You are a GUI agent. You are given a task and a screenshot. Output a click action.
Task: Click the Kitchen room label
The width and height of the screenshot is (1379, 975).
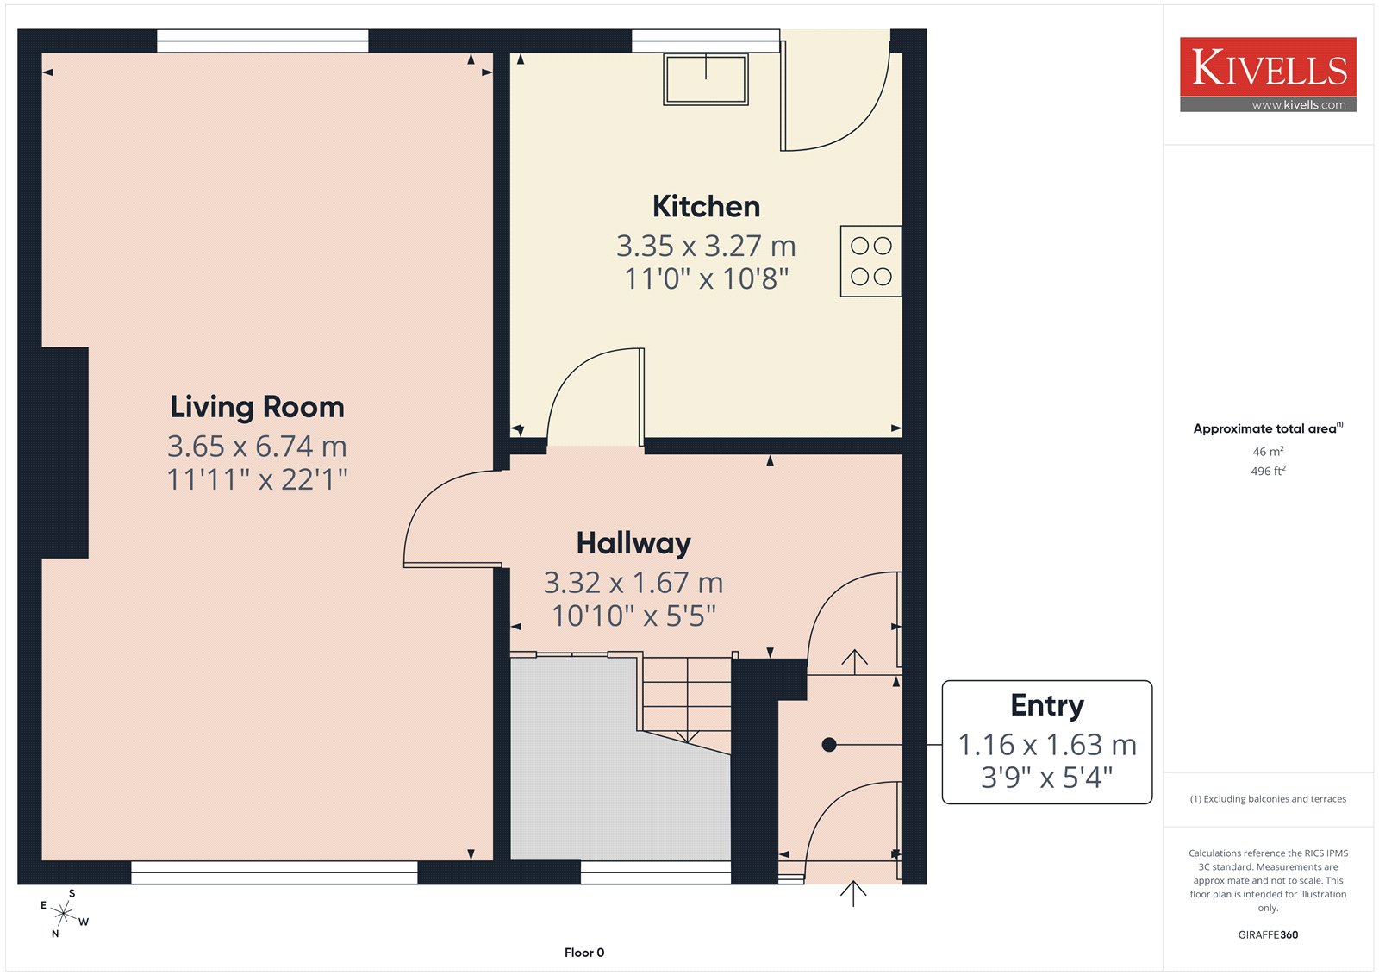(706, 206)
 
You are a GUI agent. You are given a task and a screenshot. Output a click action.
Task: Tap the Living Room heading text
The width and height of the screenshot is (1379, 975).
(258, 408)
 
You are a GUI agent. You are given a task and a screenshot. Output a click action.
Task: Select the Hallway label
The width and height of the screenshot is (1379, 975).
(633, 544)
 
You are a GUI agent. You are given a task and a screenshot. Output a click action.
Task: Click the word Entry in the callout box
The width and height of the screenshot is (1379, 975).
(1047, 706)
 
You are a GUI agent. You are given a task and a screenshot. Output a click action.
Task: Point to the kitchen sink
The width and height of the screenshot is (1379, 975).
(706, 79)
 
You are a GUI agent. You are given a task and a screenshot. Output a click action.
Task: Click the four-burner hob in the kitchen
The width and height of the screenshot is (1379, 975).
(871, 261)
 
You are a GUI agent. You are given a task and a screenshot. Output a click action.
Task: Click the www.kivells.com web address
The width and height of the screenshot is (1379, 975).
(1298, 104)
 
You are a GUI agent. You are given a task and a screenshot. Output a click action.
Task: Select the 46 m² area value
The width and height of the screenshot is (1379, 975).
(1268, 451)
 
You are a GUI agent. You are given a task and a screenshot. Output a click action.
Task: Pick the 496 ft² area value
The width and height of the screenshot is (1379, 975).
(1268, 471)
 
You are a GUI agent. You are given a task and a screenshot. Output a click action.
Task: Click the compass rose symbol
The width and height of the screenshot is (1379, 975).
(64, 913)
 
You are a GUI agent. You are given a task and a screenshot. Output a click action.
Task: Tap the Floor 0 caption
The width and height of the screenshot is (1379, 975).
(584, 953)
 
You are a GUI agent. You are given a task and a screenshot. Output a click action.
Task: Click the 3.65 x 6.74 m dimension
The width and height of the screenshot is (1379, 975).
(258, 447)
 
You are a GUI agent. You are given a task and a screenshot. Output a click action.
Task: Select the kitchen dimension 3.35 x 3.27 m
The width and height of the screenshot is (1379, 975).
(706, 246)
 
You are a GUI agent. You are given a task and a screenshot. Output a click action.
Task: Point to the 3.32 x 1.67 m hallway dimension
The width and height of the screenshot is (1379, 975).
(633, 583)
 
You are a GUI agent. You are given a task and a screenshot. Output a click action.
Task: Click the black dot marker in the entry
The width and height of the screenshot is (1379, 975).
(829, 745)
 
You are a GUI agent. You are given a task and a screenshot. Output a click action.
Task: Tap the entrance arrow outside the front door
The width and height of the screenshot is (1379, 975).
(853, 894)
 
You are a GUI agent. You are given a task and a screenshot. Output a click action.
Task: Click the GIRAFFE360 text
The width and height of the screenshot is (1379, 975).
(1268, 934)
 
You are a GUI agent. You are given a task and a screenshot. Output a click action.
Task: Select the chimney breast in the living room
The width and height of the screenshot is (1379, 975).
(65, 453)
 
